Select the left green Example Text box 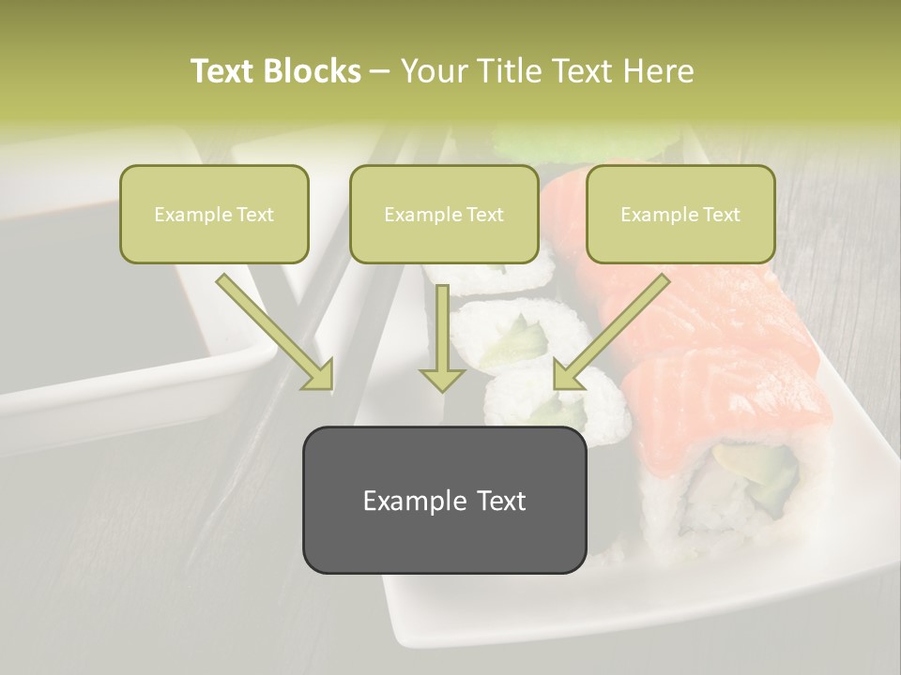[214, 214]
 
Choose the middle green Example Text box [444, 214]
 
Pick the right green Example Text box [680, 214]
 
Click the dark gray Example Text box [444, 500]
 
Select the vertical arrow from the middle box [442, 337]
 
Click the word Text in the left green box [255, 215]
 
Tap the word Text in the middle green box [485, 215]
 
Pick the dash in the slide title [380, 71]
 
